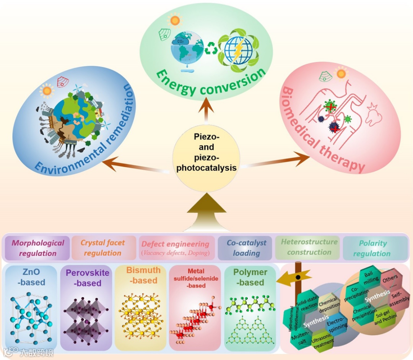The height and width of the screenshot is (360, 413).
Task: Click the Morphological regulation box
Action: tap(37, 248)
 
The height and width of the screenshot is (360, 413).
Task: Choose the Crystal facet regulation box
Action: tap(103, 248)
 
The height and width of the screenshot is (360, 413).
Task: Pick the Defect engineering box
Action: tap(176, 248)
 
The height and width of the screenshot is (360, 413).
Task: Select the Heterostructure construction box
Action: tap(309, 247)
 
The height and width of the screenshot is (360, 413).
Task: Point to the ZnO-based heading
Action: tap(31, 277)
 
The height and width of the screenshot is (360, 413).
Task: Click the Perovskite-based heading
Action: tap(88, 278)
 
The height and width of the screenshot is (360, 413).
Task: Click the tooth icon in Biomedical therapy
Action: tap(373, 114)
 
